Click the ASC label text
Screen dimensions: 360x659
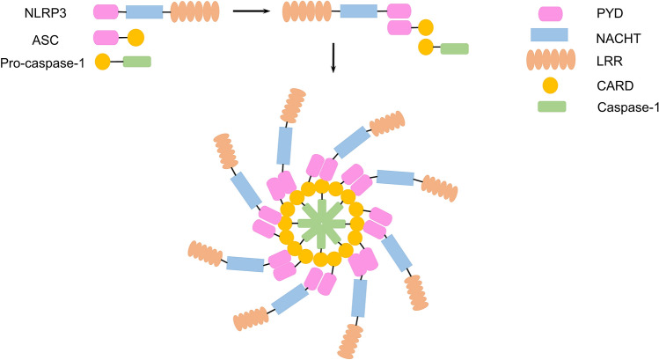pos(24,38)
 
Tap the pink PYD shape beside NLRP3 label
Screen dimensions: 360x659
pos(106,13)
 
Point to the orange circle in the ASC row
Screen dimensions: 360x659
pos(135,38)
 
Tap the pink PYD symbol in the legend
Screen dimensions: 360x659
pos(553,13)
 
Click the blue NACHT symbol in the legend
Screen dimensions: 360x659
pos(553,36)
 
